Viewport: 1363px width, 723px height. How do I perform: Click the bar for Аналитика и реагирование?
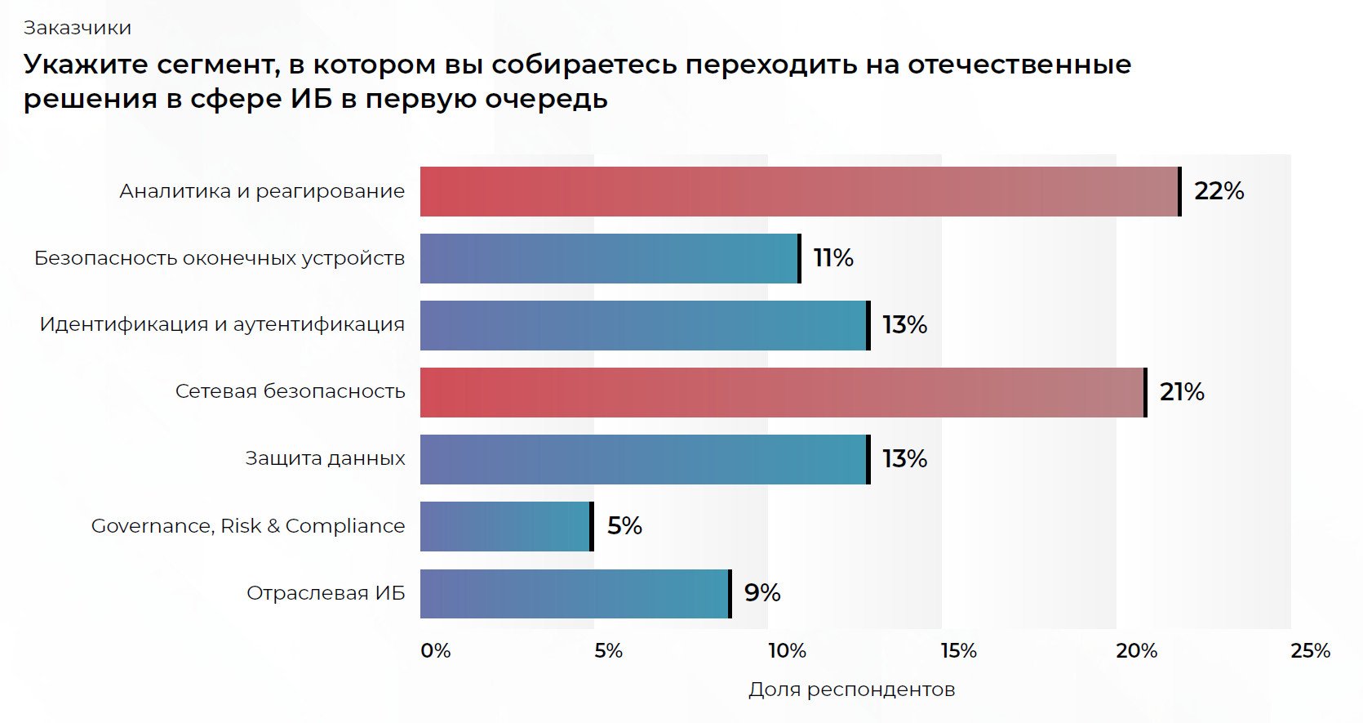tap(800, 191)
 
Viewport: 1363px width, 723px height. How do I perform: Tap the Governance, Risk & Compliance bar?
tap(506, 526)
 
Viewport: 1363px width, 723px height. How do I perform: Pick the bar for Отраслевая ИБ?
tap(575, 593)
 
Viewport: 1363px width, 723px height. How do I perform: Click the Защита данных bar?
tap(644, 459)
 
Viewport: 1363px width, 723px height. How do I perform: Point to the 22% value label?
tap(1219, 191)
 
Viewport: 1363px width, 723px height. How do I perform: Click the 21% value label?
tap(1182, 392)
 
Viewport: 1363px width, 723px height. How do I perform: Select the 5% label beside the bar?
tap(624, 526)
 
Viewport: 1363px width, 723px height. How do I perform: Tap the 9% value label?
tap(762, 593)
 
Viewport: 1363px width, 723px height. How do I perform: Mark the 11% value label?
tap(833, 258)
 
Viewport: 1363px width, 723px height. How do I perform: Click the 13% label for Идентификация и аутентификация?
tap(904, 325)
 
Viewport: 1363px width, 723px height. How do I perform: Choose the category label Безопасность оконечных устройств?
tap(220, 258)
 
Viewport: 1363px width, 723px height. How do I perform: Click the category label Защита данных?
tap(325, 459)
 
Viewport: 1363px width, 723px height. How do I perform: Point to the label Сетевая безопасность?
tap(290, 392)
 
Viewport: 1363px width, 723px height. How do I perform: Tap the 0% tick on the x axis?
tap(436, 651)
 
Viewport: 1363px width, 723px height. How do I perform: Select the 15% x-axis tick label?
tap(958, 651)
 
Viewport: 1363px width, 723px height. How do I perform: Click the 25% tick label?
tap(1310, 651)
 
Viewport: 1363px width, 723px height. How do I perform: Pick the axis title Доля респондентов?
tap(851, 690)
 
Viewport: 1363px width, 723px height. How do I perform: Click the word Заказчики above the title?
tap(78, 28)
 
